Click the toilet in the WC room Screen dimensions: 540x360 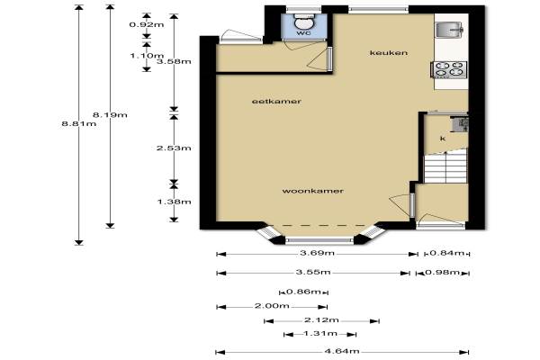pyautogui.click(x=304, y=22)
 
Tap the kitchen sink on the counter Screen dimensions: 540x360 pyautogui.click(x=449, y=30)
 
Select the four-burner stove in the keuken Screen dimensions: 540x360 pyautogui.click(x=449, y=69)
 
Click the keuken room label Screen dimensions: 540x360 pyautogui.click(x=389, y=53)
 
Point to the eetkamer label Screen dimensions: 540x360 pyautogui.click(x=276, y=102)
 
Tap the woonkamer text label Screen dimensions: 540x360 pyautogui.click(x=312, y=191)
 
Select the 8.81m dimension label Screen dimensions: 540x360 pyautogui.click(x=79, y=123)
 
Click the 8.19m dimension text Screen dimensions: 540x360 pyautogui.click(x=110, y=114)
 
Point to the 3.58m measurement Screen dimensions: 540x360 pyautogui.click(x=174, y=61)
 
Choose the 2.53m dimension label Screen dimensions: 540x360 pyautogui.click(x=174, y=148)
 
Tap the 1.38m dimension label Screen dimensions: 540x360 pyautogui.click(x=175, y=202)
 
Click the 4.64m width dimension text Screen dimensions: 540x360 pyautogui.click(x=342, y=351)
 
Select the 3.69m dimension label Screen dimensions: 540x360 pyautogui.click(x=317, y=253)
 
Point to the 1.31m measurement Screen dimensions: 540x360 pyautogui.click(x=320, y=333)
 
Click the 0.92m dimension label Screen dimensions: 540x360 pyautogui.click(x=147, y=24)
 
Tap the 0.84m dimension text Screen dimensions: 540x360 pyautogui.click(x=446, y=253)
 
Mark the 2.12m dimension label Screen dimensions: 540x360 pyautogui.click(x=321, y=320)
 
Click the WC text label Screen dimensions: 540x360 pyautogui.click(x=304, y=33)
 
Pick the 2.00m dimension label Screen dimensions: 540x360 pyautogui.click(x=272, y=306)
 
